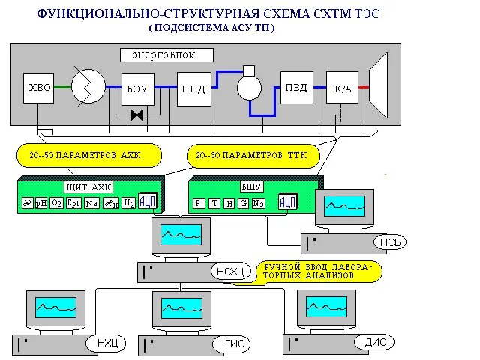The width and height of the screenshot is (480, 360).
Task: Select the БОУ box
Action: pyautogui.click(x=137, y=88)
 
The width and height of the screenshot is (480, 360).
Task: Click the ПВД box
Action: pyautogui.click(x=296, y=88)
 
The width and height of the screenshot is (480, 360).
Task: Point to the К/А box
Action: pyautogui.click(x=342, y=88)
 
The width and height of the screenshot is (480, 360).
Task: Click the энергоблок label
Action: pyautogui.click(x=167, y=55)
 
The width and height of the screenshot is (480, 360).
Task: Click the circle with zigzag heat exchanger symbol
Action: pyautogui.click(x=88, y=88)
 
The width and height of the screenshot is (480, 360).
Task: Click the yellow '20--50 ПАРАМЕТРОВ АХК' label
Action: pyautogui.click(x=88, y=155)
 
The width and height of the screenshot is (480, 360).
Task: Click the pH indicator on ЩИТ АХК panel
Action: pyautogui.click(x=41, y=203)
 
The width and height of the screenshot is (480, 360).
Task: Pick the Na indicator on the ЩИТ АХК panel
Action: pyautogui.click(x=91, y=203)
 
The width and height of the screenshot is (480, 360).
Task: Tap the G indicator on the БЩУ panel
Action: pyautogui.click(x=243, y=203)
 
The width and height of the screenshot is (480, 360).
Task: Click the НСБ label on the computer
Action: pyautogui.click(x=387, y=242)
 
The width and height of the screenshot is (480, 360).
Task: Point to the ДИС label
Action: pyautogui.click(x=375, y=342)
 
